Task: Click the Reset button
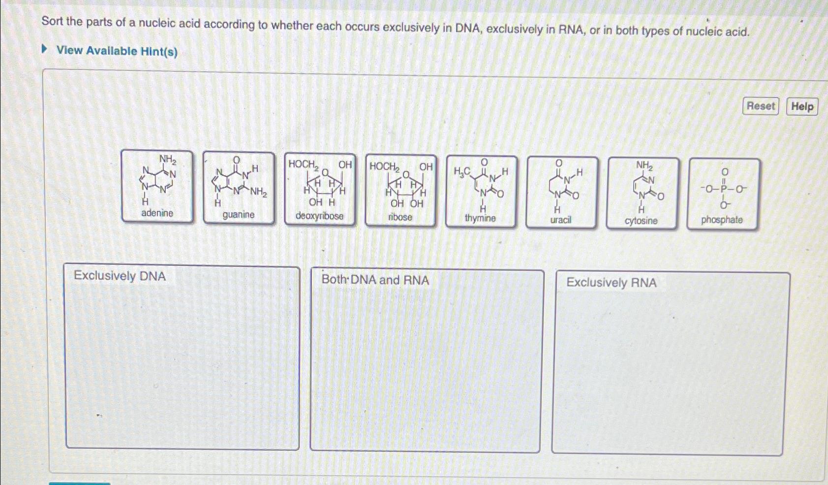[x=760, y=106]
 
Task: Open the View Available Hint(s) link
[x=117, y=51]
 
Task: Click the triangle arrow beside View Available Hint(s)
[x=45, y=49]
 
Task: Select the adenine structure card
[x=157, y=187]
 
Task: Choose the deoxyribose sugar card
[x=320, y=190]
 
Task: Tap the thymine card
[x=481, y=192]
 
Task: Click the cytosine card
[x=642, y=194]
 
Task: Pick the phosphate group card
[x=722, y=194]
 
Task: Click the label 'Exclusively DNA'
[x=120, y=276]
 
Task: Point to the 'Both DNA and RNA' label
[x=375, y=280]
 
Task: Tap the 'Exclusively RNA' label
[x=611, y=283]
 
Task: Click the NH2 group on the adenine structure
[x=167, y=160]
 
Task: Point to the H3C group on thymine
[x=461, y=171]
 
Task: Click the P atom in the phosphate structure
[x=723, y=189]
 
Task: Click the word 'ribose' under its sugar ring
[x=400, y=217]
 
